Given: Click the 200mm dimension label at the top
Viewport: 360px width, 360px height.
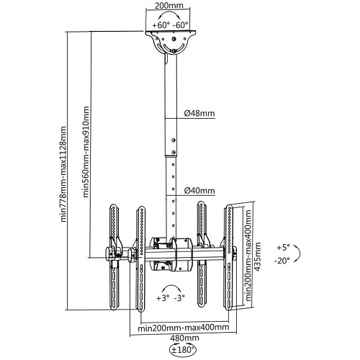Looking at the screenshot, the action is pyautogui.click(x=168, y=5).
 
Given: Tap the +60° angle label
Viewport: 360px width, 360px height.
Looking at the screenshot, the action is pyautogui.click(x=161, y=25).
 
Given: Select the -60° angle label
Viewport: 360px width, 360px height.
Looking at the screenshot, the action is pyautogui.click(x=180, y=25).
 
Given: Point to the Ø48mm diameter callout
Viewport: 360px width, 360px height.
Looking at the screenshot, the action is pyautogui.click(x=199, y=113).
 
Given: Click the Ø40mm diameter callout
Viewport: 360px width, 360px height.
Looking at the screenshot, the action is pyautogui.click(x=199, y=191).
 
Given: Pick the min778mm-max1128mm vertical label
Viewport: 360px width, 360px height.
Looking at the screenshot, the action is pyautogui.click(x=63, y=174).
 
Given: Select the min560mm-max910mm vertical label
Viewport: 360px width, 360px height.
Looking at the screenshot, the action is pyautogui.click(x=86, y=152).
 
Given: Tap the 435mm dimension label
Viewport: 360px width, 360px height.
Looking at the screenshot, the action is pyautogui.click(x=258, y=256).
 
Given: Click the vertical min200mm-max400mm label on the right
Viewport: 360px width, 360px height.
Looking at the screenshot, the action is pyautogui.click(x=248, y=256).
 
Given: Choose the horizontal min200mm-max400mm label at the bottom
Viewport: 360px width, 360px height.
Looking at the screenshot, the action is pyautogui.click(x=184, y=327).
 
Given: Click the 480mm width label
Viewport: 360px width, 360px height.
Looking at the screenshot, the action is pyautogui.click(x=184, y=338).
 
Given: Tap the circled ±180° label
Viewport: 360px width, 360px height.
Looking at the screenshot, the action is pyautogui.click(x=183, y=349).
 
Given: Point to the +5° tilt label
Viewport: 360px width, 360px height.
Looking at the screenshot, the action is pyautogui.click(x=283, y=248).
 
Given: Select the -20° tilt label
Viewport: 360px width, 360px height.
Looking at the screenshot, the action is pyautogui.click(x=282, y=261).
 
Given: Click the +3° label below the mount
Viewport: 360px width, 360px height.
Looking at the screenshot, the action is pyautogui.click(x=163, y=298).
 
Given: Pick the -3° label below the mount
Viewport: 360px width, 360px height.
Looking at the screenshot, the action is pyautogui.click(x=179, y=298).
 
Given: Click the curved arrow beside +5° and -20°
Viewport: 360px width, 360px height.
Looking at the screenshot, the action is pyautogui.click(x=299, y=253).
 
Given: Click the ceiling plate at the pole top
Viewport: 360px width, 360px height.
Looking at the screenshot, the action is pyautogui.click(x=171, y=32).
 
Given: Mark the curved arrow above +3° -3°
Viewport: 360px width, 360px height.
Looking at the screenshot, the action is pyautogui.click(x=171, y=286).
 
